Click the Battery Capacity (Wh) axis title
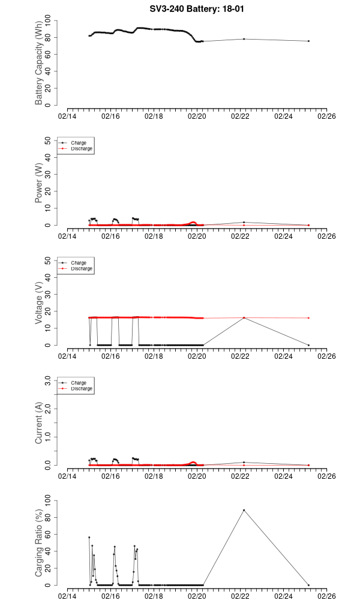click(39, 67)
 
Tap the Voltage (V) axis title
click(39, 304)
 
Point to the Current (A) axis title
click(39, 424)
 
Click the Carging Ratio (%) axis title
click(39, 544)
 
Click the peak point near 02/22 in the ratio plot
click(244, 510)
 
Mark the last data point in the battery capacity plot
click(308, 41)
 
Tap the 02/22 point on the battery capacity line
click(244, 39)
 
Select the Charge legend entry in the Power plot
click(79, 143)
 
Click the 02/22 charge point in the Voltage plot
click(244, 318)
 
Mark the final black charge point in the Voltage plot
click(308, 345)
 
